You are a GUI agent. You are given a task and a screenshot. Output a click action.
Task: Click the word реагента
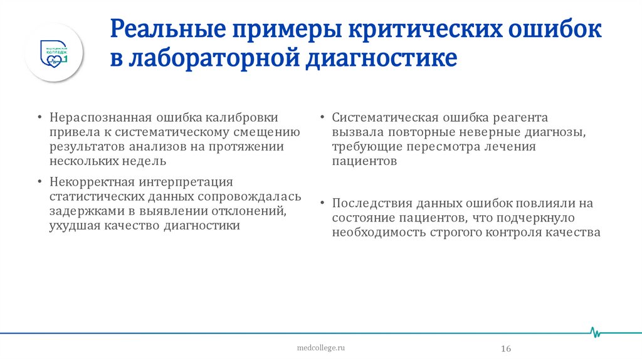tap(522, 117)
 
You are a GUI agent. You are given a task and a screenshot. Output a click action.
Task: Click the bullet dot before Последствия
tap(321, 204)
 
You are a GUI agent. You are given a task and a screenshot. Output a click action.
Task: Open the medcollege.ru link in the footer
tap(320, 347)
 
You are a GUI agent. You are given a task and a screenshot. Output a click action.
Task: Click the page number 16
tap(506, 348)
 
